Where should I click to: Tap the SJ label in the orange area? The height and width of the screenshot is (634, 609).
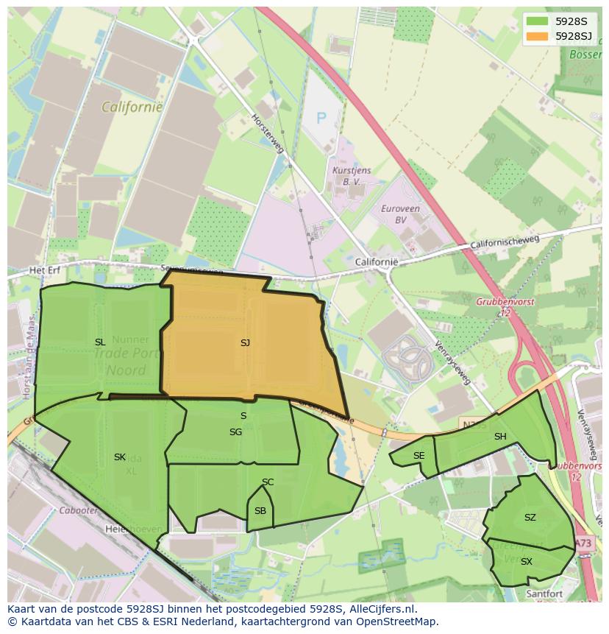click(x=245, y=342)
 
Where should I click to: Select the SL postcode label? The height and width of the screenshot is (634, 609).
click(x=100, y=342)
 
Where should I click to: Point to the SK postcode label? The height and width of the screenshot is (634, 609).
click(x=120, y=457)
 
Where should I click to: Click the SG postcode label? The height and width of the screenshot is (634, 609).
click(x=235, y=432)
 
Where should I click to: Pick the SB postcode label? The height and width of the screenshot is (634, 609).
click(x=260, y=510)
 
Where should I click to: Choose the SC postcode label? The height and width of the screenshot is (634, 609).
click(x=268, y=482)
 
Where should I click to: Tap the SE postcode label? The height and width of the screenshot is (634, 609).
click(x=419, y=456)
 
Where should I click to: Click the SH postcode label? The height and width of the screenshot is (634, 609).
click(x=500, y=437)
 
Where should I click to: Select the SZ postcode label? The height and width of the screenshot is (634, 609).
click(x=530, y=518)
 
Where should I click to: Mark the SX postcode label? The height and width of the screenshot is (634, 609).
click(x=526, y=562)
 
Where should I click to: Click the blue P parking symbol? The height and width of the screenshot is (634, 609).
click(x=321, y=117)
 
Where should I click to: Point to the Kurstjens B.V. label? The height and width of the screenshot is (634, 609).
click(x=346, y=175)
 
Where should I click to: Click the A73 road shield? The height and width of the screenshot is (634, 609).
click(x=583, y=543)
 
